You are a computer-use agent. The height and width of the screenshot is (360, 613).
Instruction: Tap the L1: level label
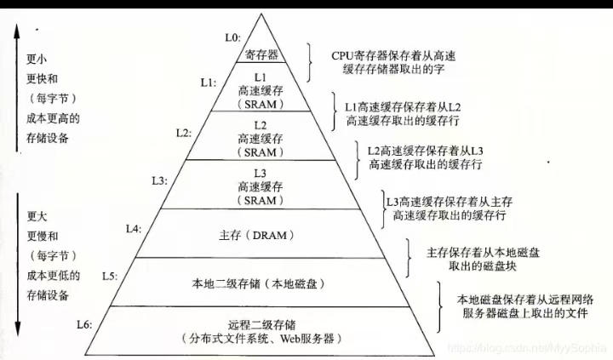(x=209, y=83)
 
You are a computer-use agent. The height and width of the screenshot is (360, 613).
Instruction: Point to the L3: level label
(x=159, y=181)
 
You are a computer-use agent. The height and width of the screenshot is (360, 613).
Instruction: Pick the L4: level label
(x=134, y=229)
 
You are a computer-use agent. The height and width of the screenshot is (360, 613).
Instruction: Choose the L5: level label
(x=109, y=276)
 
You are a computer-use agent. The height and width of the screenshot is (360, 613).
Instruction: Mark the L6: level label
(x=84, y=324)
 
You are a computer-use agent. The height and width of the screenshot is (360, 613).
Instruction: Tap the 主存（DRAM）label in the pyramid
(x=262, y=232)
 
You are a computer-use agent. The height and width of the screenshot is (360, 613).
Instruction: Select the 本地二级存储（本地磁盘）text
(x=261, y=281)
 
